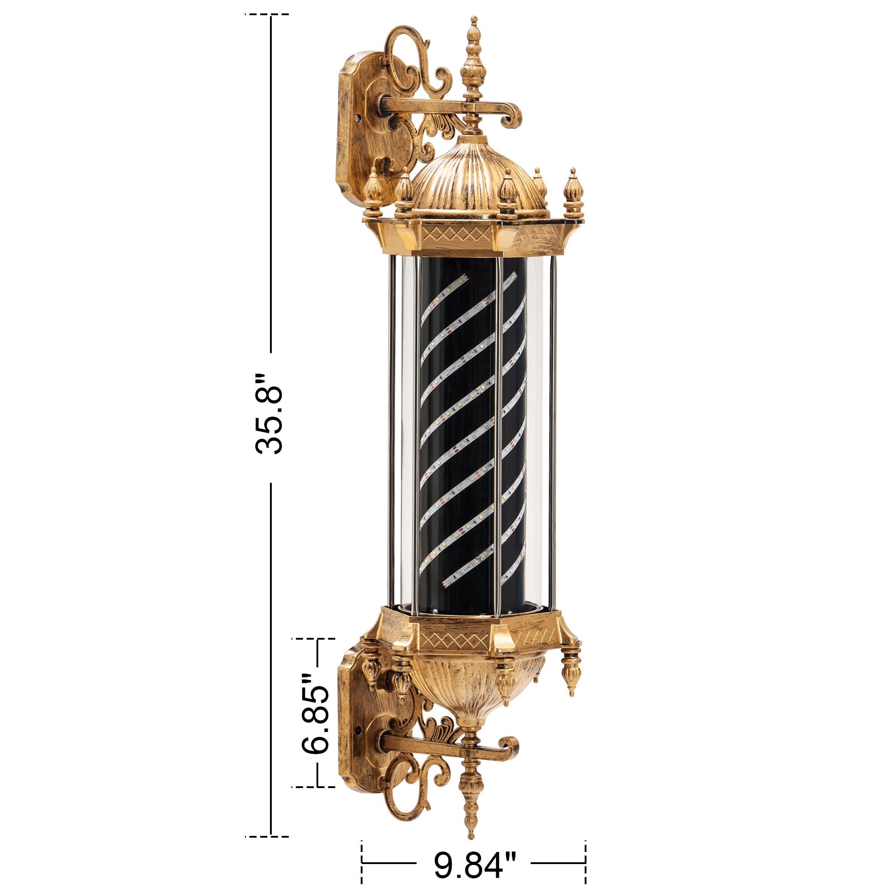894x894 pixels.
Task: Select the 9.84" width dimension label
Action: tap(474, 865)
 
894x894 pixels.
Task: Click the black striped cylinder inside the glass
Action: tap(472, 435)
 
